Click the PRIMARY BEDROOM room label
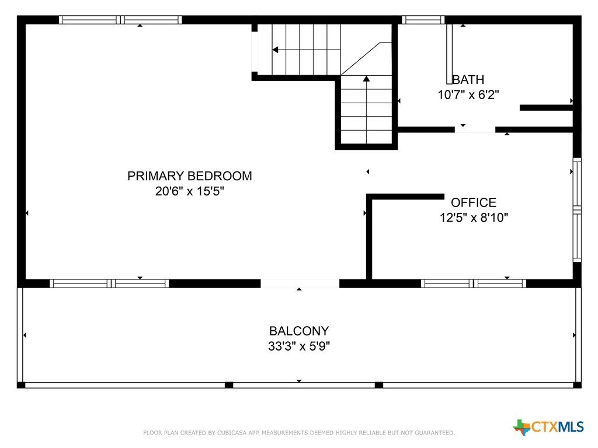point(190,176)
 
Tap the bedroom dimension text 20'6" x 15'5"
point(190,191)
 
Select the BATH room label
point(468,79)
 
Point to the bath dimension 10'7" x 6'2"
point(468,94)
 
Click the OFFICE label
point(474,202)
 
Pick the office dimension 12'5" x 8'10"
point(474,218)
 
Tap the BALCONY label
point(299,331)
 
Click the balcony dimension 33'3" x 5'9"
point(299,346)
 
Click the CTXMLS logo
point(548,426)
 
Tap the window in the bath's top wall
point(423,20)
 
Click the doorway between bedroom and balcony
point(300,283)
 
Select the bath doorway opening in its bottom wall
point(475,130)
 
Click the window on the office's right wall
point(577,210)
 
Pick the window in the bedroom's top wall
point(120,20)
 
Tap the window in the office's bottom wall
point(474,283)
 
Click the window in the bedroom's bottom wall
point(109,283)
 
